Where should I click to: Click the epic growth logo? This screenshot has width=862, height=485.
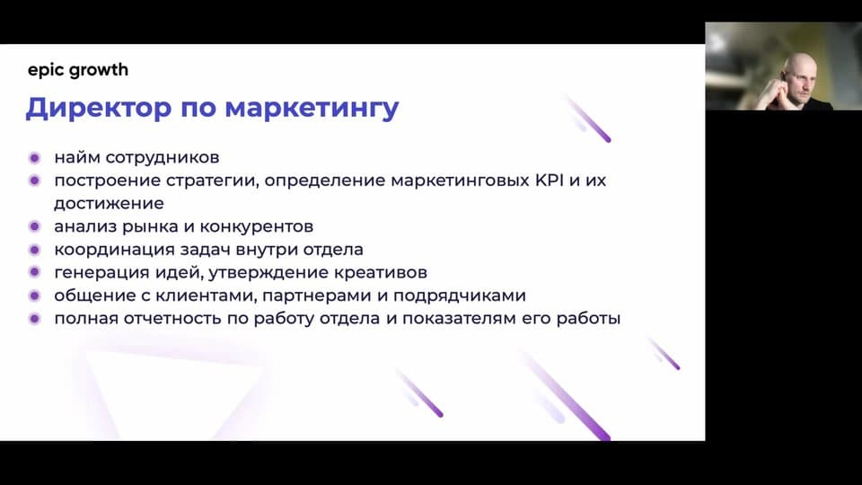77,70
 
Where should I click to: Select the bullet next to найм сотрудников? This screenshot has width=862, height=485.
34,158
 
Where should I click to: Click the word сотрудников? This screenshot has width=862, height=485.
163,157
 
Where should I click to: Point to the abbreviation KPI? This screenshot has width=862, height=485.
550,181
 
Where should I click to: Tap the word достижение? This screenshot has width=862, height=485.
109,204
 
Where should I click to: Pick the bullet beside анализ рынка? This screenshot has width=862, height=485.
34,226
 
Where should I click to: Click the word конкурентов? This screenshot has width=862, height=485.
256,226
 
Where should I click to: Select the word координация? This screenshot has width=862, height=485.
114,250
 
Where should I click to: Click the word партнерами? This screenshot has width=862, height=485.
317,295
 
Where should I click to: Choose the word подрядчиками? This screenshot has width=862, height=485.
460,295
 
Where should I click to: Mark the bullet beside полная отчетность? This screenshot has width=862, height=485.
34,318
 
